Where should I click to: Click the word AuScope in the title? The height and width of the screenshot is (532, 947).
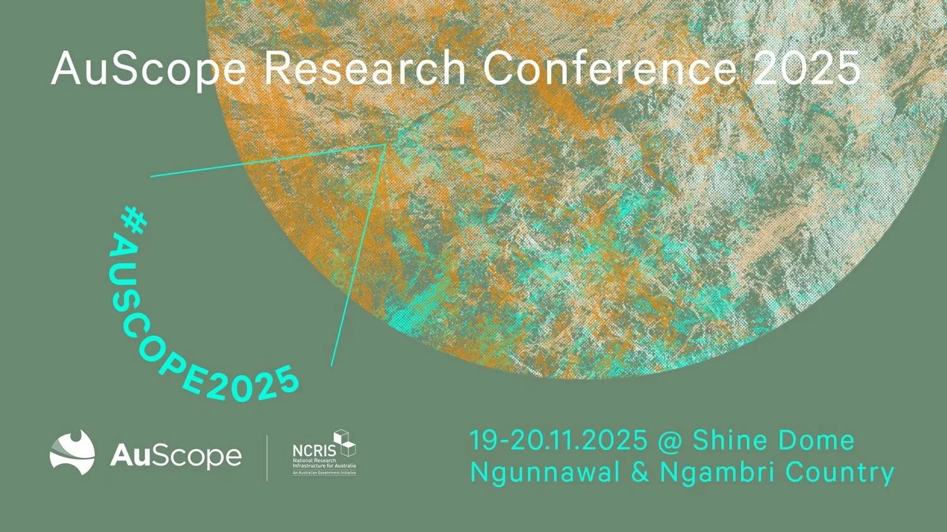pyautogui.click(x=149, y=69)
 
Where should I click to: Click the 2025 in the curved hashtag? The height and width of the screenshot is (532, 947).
pyautogui.click(x=253, y=387)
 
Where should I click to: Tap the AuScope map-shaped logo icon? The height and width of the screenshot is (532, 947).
pyautogui.click(x=73, y=452)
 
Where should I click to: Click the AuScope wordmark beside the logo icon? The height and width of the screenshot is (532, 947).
pyautogui.click(x=176, y=456)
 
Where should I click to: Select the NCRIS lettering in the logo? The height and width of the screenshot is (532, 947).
pyautogui.click(x=314, y=451)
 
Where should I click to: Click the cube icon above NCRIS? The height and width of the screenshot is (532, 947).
pyautogui.click(x=345, y=442)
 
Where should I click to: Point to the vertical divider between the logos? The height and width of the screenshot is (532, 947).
pyautogui.click(x=267, y=458)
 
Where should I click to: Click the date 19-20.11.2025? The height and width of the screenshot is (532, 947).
pyautogui.click(x=558, y=440)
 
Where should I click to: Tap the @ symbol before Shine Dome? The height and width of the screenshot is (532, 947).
pyautogui.click(x=670, y=441)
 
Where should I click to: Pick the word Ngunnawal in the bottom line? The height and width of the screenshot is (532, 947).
pyautogui.click(x=545, y=473)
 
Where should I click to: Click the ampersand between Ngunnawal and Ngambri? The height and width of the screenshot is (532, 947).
pyautogui.click(x=640, y=473)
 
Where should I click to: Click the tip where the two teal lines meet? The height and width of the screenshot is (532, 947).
pyautogui.click(x=385, y=145)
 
